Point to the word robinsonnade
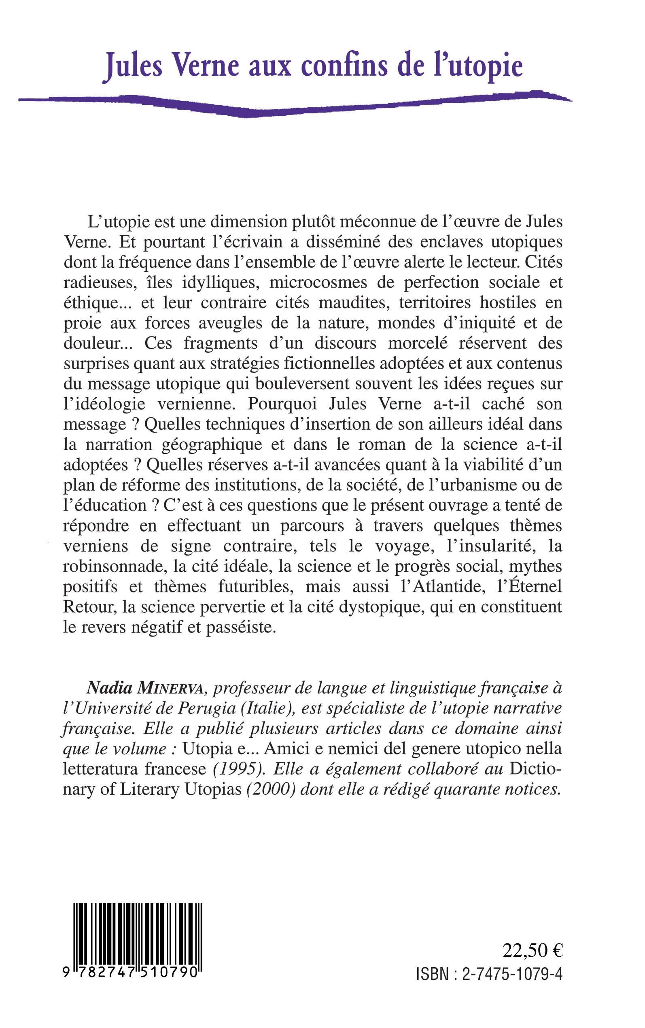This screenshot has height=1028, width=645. pyautogui.click(x=113, y=566)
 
